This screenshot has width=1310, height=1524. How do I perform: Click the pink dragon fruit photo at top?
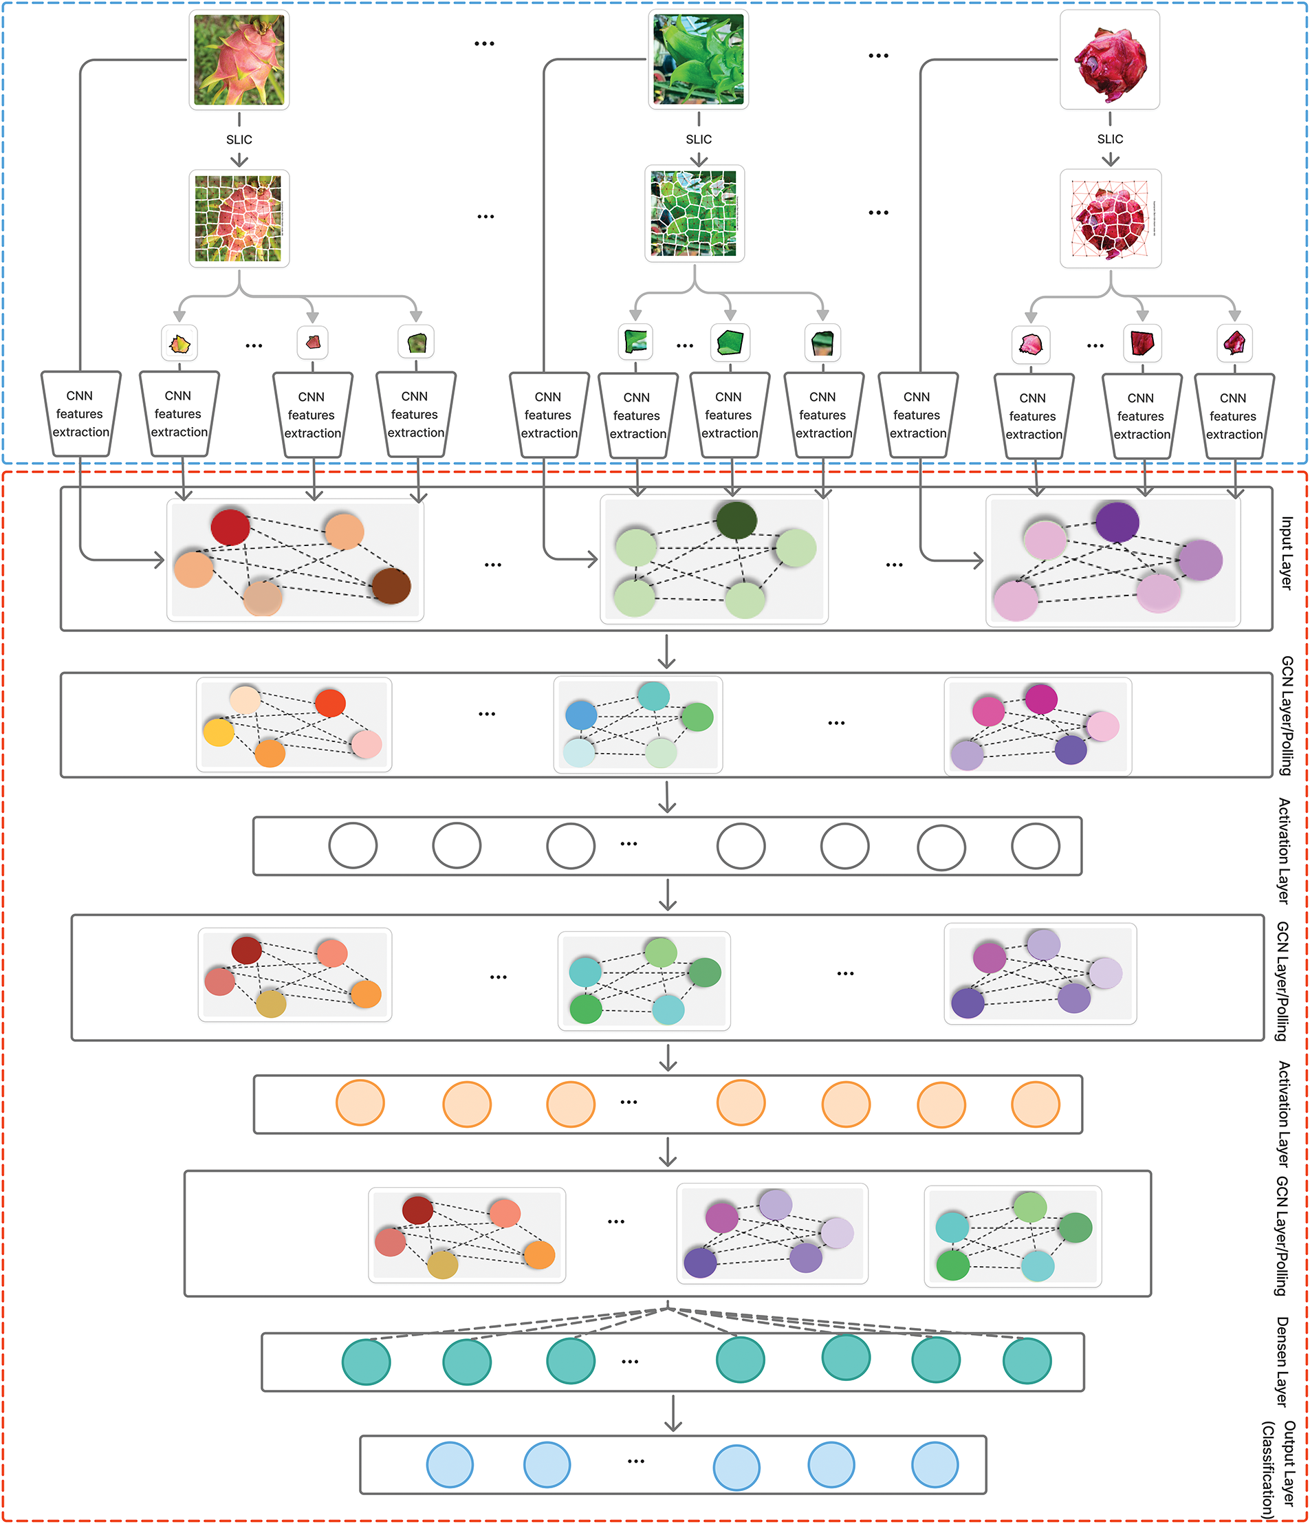(x=239, y=60)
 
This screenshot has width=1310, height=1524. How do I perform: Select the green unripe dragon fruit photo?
(x=698, y=59)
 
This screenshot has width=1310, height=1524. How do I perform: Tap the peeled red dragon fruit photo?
(x=1109, y=60)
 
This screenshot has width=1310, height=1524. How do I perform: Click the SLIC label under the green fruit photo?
(x=698, y=139)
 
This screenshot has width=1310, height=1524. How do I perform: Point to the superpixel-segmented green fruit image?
(x=695, y=213)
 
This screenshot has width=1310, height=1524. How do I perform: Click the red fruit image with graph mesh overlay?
(x=1110, y=219)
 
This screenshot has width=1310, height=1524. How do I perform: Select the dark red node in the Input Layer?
(x=230, y=527)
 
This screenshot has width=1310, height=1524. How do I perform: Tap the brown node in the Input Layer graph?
(x=391, y=585)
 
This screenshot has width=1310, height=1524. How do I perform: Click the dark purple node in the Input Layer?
(x=1117, y=522)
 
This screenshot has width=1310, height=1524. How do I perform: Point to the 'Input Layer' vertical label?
(x=1287, y=552)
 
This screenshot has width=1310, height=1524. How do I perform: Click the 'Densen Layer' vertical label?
(x=1282, y=1362)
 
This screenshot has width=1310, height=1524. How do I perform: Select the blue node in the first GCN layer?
(x=581, y=714)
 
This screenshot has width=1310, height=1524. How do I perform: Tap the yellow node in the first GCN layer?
(x=219, y=732)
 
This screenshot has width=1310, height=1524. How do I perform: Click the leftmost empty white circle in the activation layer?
(x=353, y=846)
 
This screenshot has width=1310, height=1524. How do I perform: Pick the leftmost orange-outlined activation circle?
(x=360, y=1102)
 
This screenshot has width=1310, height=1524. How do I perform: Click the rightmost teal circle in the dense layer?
(x=1027, y=1361)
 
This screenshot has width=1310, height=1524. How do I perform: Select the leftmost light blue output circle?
(x=450, y=1464)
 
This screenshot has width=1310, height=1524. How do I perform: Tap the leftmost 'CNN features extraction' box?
(x=80, y=414)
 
